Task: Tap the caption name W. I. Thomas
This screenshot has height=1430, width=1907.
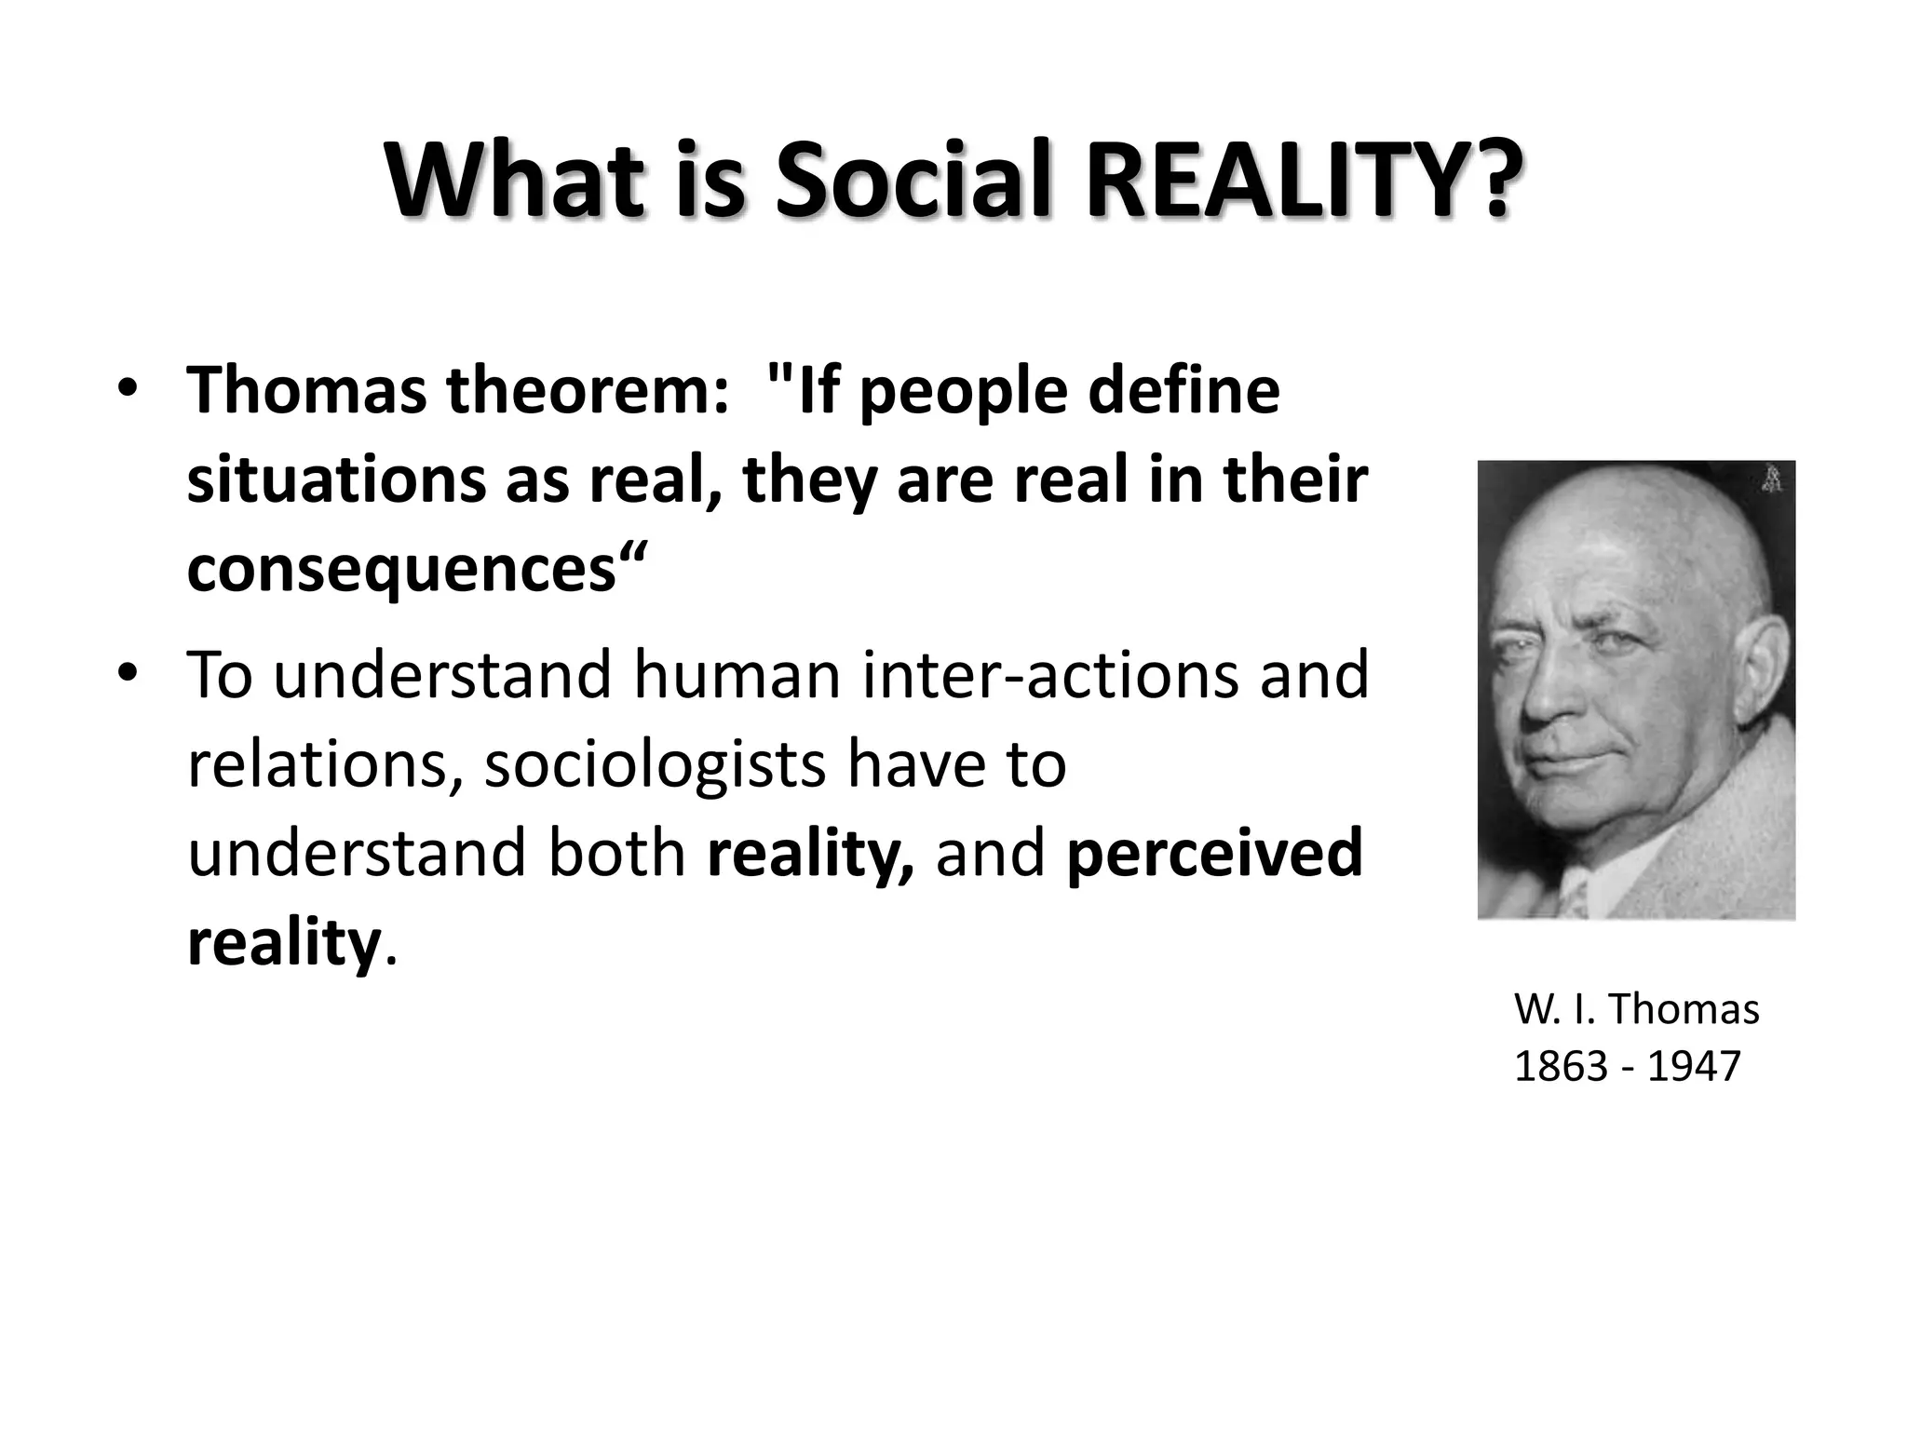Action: (1636, 1009)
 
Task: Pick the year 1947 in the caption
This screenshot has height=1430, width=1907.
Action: (1694, 1066)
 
